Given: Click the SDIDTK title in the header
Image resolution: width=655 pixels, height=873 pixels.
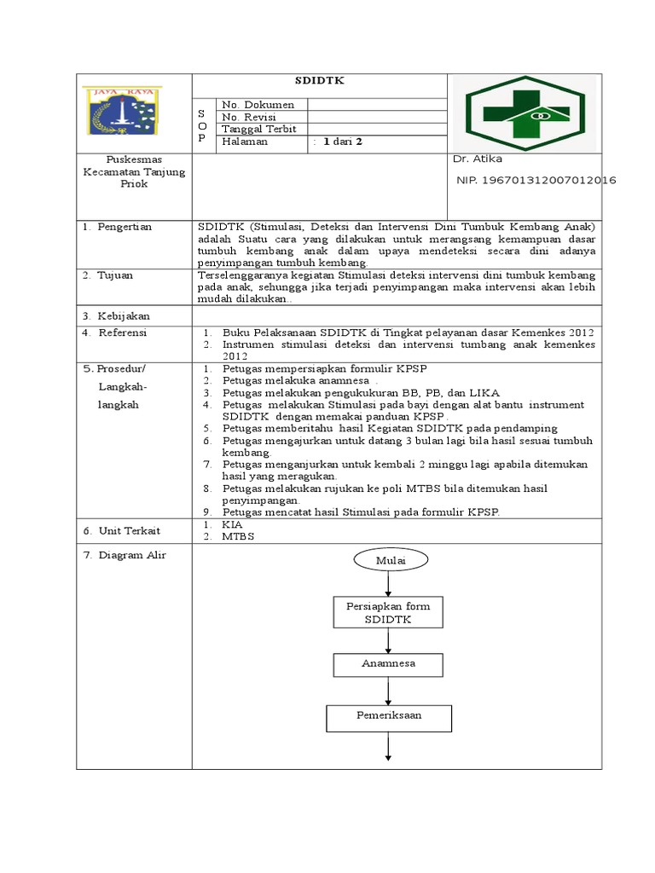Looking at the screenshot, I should point(319,82).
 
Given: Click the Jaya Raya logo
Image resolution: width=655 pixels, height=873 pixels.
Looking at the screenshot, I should point(123,112).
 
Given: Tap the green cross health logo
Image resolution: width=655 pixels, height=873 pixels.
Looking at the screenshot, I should point(525,113).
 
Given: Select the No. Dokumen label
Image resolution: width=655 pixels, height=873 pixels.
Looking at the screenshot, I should point(258,105).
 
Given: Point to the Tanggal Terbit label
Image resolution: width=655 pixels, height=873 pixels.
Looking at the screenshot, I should point(259,130).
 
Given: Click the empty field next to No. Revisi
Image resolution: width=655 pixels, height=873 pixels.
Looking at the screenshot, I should point(376,117).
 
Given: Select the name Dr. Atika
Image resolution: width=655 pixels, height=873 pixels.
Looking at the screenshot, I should point(478,159).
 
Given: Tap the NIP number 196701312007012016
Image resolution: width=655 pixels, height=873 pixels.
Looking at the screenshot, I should point(536,181).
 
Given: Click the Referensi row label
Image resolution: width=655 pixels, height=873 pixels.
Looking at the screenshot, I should point(119,333).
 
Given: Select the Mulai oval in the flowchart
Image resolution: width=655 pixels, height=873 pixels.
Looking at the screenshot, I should point(389,560).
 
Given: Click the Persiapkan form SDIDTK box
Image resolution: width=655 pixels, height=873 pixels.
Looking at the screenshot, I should point(388,613).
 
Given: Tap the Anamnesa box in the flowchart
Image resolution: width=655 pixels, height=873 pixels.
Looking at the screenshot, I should point(388,664).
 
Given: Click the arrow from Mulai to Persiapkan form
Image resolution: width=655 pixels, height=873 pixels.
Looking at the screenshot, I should point(389,585).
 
